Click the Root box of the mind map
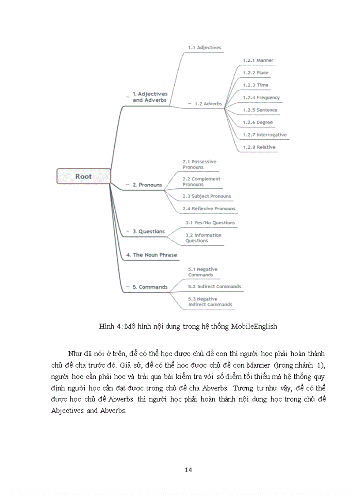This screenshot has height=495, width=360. [x=83, y=176]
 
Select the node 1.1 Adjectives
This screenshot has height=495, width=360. [x=205, y=47]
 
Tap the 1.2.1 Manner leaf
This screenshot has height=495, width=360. [x=258, y=60]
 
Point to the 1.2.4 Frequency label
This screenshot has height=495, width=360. [x=261, y=97]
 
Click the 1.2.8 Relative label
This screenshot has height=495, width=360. [x=259, y=147]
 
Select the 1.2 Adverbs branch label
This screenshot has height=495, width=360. [x=208, y=104]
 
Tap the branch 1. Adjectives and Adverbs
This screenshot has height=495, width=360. [x=150, y=97]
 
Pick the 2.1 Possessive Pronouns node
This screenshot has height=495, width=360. [x=199, y=164]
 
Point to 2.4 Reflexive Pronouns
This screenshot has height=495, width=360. [x=209, y=208]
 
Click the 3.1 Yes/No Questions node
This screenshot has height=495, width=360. [x=210, y=223]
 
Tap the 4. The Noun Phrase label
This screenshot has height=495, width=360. [x=151, y=255]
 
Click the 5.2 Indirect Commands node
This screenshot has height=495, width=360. [x=214, y=287]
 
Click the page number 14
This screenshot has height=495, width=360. [x=188, y=470]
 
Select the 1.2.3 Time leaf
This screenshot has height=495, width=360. [x=255, y=85]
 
